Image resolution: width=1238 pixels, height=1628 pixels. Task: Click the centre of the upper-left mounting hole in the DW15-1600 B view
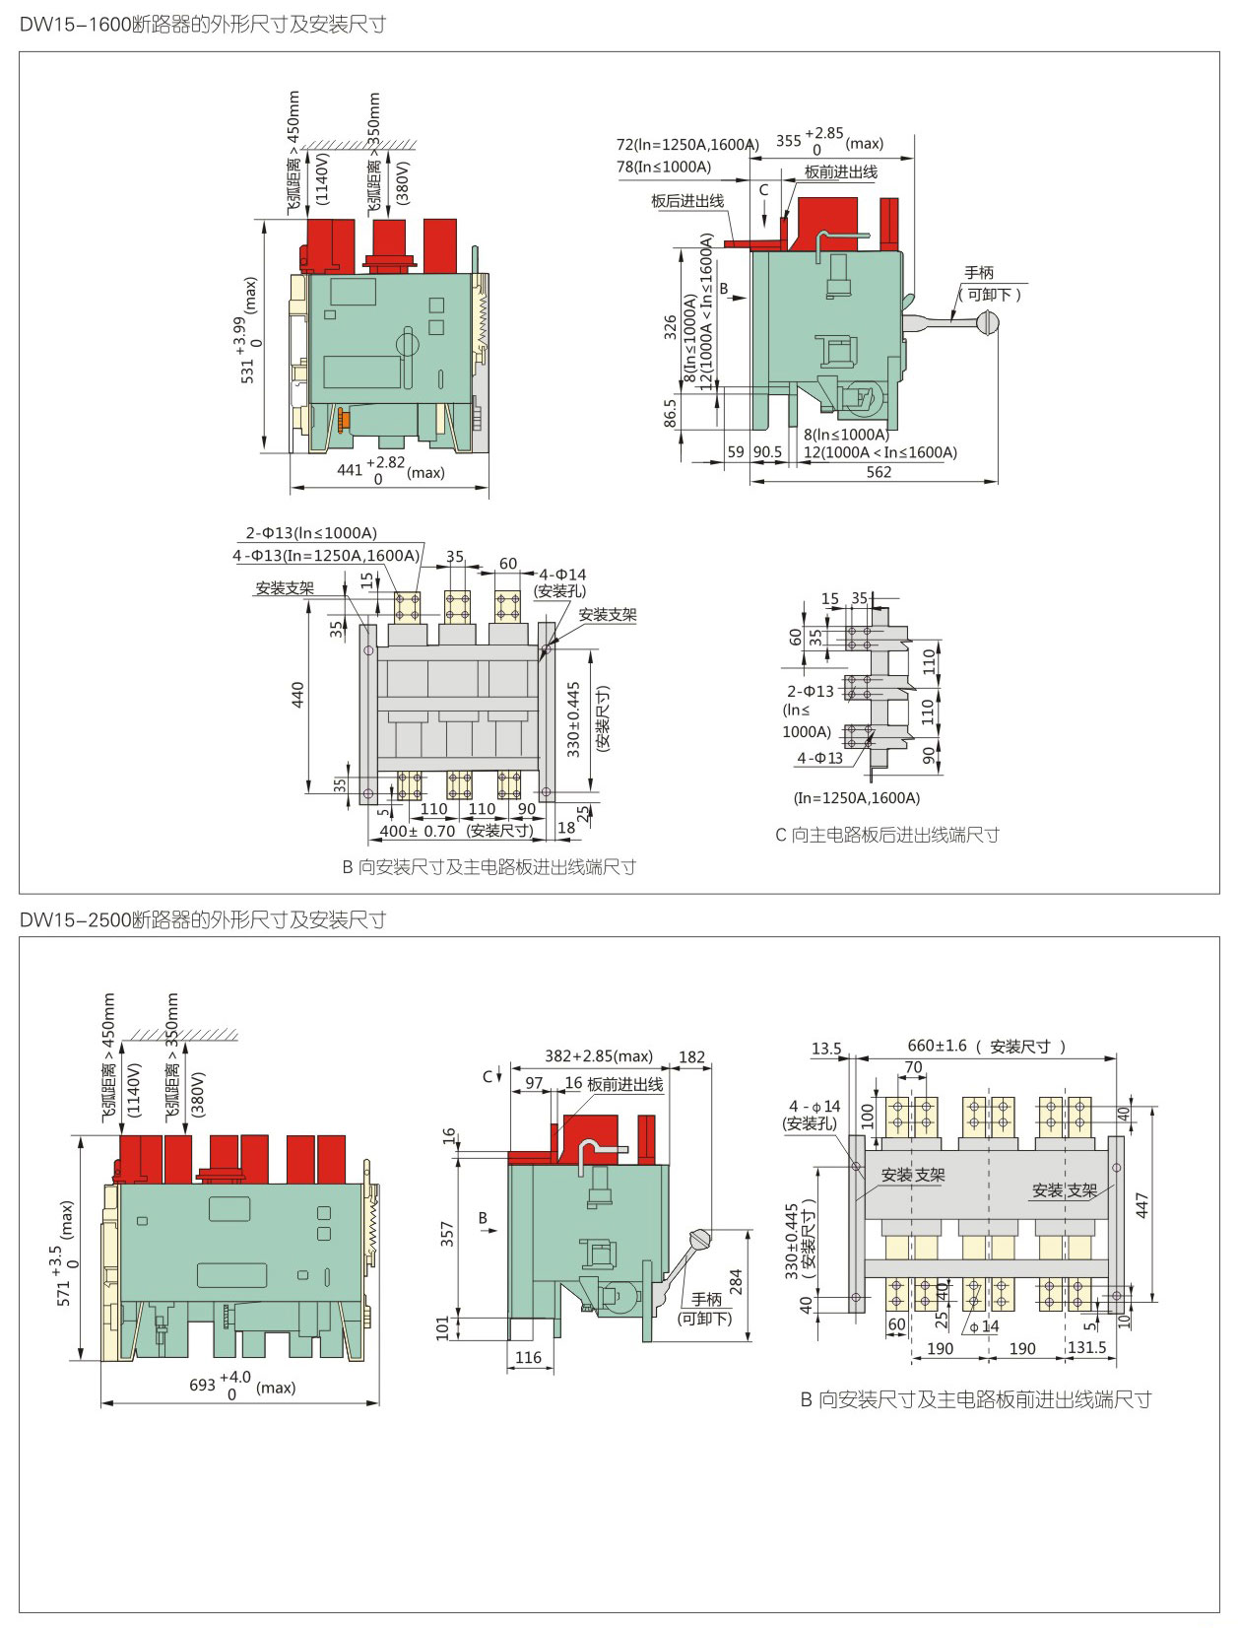[x=368, y=650]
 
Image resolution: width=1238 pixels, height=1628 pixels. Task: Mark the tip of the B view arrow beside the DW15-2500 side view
[x=496, y=1231]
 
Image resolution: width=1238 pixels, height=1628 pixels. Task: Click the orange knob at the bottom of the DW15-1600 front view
[x=343, y=419]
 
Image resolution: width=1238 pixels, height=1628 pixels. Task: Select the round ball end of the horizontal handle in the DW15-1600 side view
[x=988, y=322]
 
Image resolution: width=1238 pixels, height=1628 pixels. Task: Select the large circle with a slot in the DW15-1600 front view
[x=407, y=343]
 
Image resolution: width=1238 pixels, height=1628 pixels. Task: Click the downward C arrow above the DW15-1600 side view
[x=764, y=214]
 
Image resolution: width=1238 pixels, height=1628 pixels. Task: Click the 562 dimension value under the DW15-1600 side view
[x=879, y=472]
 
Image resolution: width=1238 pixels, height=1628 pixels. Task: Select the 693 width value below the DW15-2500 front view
[x=202, y=1385]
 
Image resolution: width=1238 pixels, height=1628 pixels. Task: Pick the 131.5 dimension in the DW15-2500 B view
[x=1086, y=1347]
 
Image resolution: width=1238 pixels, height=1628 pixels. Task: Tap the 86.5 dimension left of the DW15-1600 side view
[x=670, y=413]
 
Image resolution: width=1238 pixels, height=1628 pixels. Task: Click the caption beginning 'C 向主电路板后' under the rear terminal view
[x=887, y=835]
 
